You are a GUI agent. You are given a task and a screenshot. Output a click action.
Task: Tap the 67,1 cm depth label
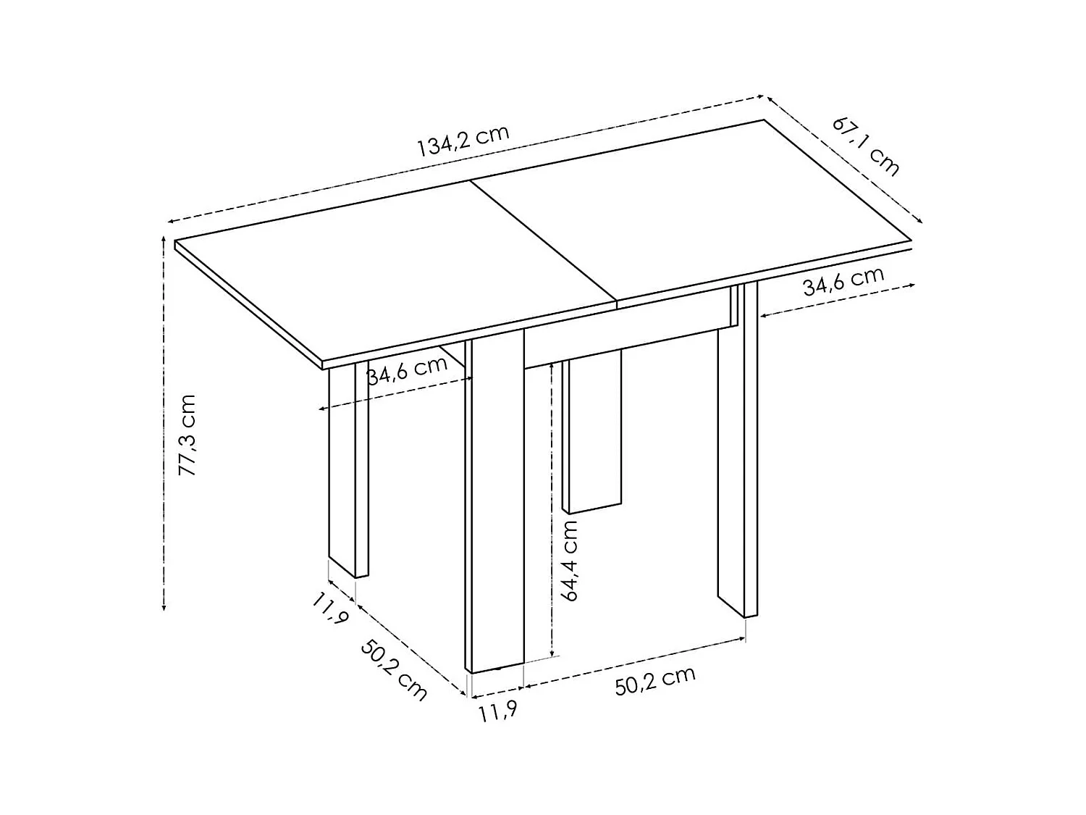(866, 146)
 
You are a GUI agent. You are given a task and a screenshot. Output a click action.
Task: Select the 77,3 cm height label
(188, 435)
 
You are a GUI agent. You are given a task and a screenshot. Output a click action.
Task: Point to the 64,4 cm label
(571, 560)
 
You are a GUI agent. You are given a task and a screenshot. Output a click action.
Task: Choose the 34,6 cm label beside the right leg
(843, 282)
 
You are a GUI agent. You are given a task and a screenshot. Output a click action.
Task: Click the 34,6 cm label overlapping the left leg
(407, 371)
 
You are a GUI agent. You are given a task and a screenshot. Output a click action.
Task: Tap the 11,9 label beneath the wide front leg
(497, 713)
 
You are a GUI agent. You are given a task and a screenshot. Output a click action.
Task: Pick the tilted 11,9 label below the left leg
(331, 607)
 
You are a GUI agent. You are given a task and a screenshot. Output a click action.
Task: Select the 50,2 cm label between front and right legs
(655, 681)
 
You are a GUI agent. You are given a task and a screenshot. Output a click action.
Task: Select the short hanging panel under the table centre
(592, 433)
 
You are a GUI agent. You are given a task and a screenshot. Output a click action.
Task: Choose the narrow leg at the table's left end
(348, 471)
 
